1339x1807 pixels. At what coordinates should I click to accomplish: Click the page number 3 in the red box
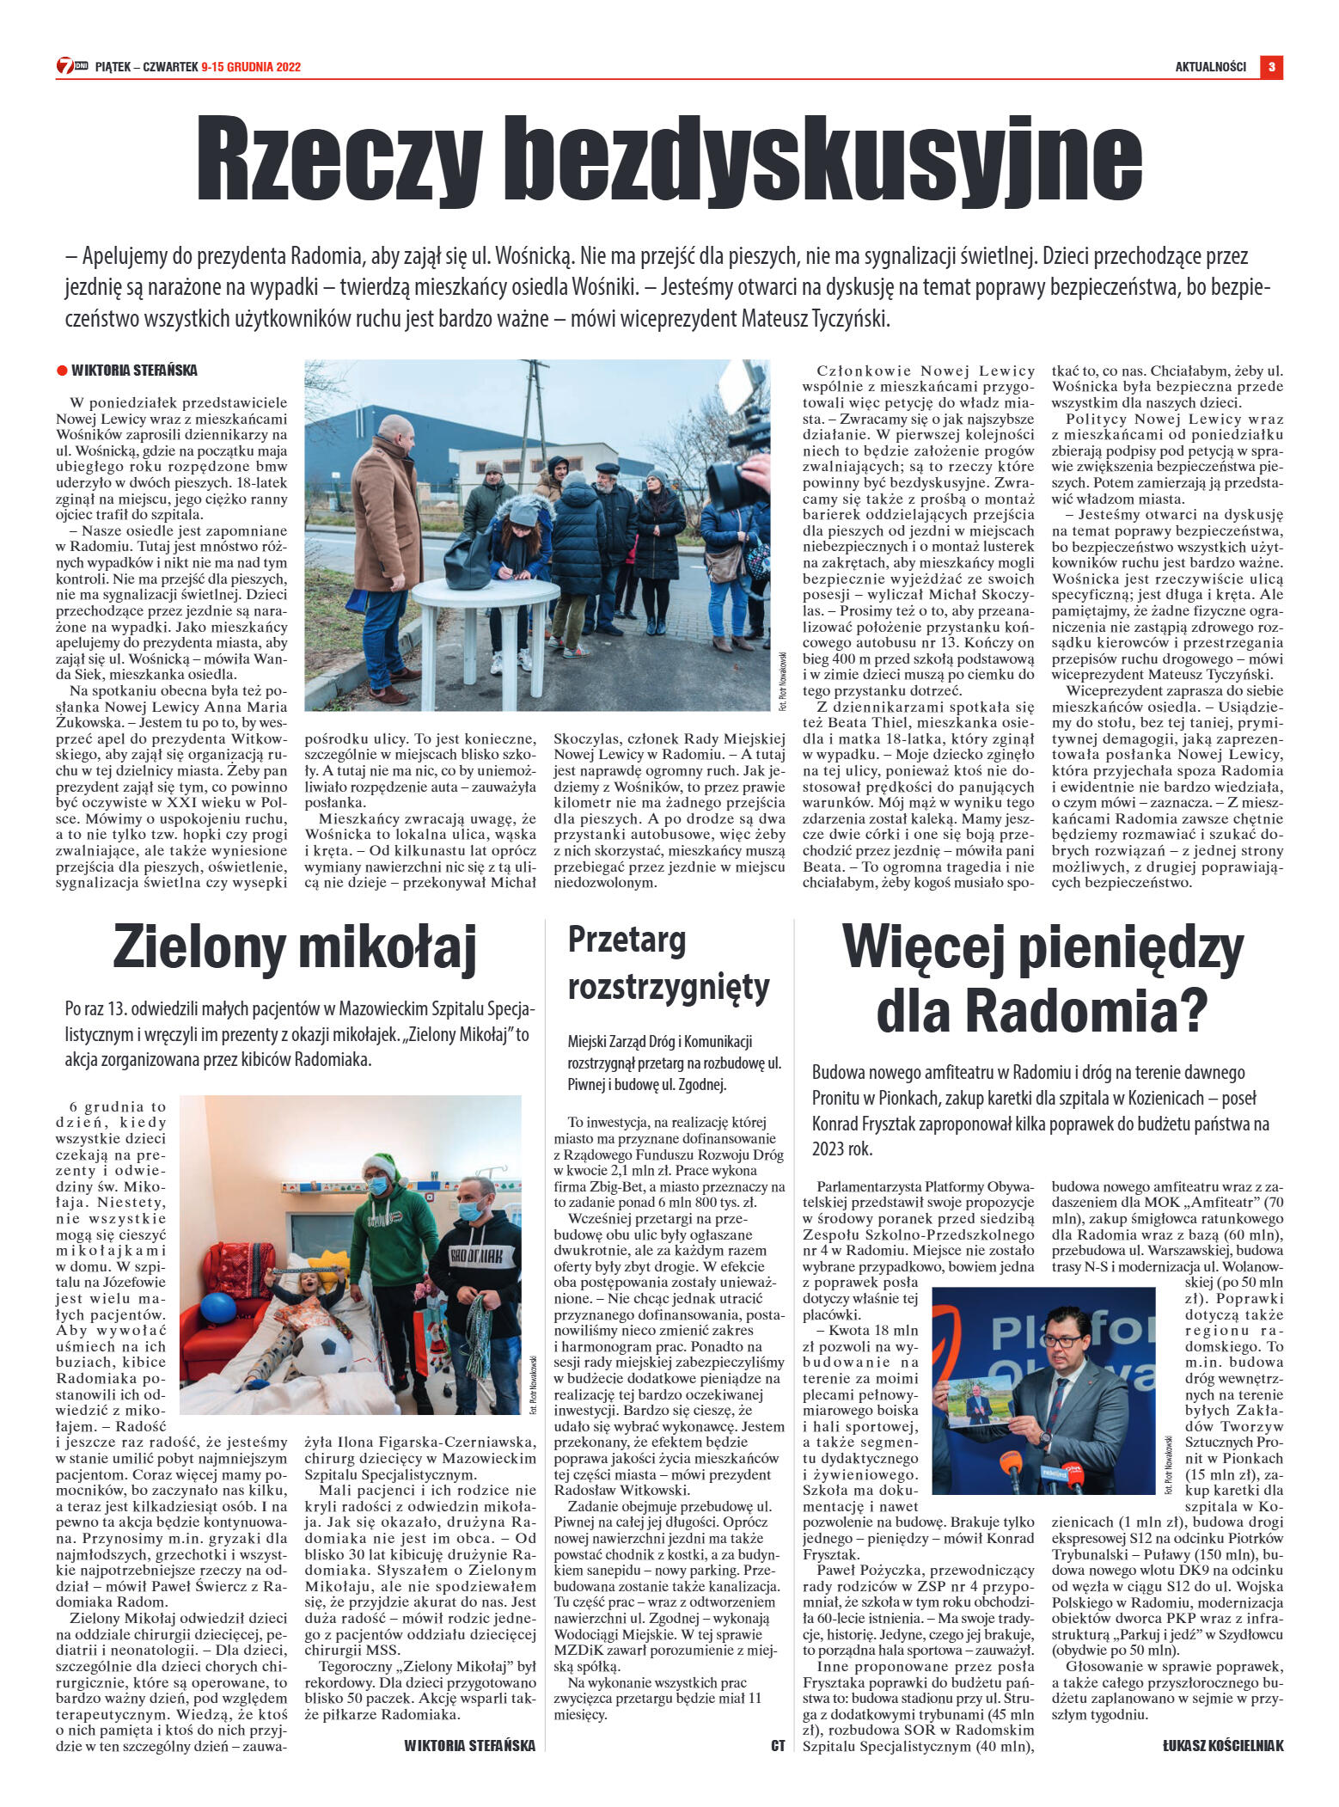pyautogui.click(x=1271, y=67)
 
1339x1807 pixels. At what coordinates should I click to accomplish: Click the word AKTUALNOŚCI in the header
pyautogui.click(x=1210, y=67)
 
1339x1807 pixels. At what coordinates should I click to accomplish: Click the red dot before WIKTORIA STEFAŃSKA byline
pyautogui.click(x=62, y=371)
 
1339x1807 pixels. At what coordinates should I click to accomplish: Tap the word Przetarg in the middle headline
pyautogui.click(x=627, y=940)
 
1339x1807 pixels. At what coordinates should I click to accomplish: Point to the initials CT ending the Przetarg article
pyautogui.click(x=778, y=1746)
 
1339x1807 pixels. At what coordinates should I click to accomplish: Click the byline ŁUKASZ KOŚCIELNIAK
pyautogui.click(x=1222, y=1746)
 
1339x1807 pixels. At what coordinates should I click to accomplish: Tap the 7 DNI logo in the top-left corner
pyautogui.click(x=72, y=65)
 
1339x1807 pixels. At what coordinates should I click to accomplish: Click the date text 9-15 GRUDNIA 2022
pyautogui.click(x=251, y=67)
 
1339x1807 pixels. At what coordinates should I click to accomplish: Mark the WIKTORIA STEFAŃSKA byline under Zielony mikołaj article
pyautogui.click(x=469, y=1746)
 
